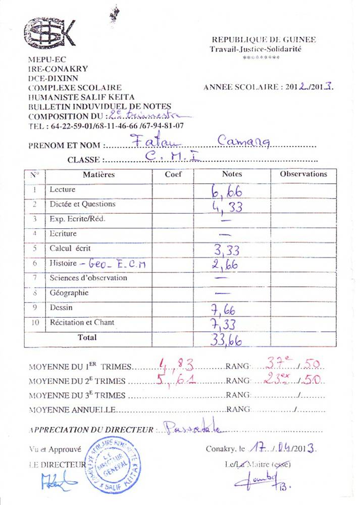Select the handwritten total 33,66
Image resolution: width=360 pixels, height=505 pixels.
226,340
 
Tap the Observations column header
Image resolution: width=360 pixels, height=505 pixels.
303,174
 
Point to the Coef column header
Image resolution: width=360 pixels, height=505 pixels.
173,174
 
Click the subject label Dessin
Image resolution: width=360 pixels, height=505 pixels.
61,308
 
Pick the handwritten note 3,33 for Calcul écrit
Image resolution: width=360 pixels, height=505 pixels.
226,249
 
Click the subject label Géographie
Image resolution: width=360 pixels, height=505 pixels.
69,293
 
